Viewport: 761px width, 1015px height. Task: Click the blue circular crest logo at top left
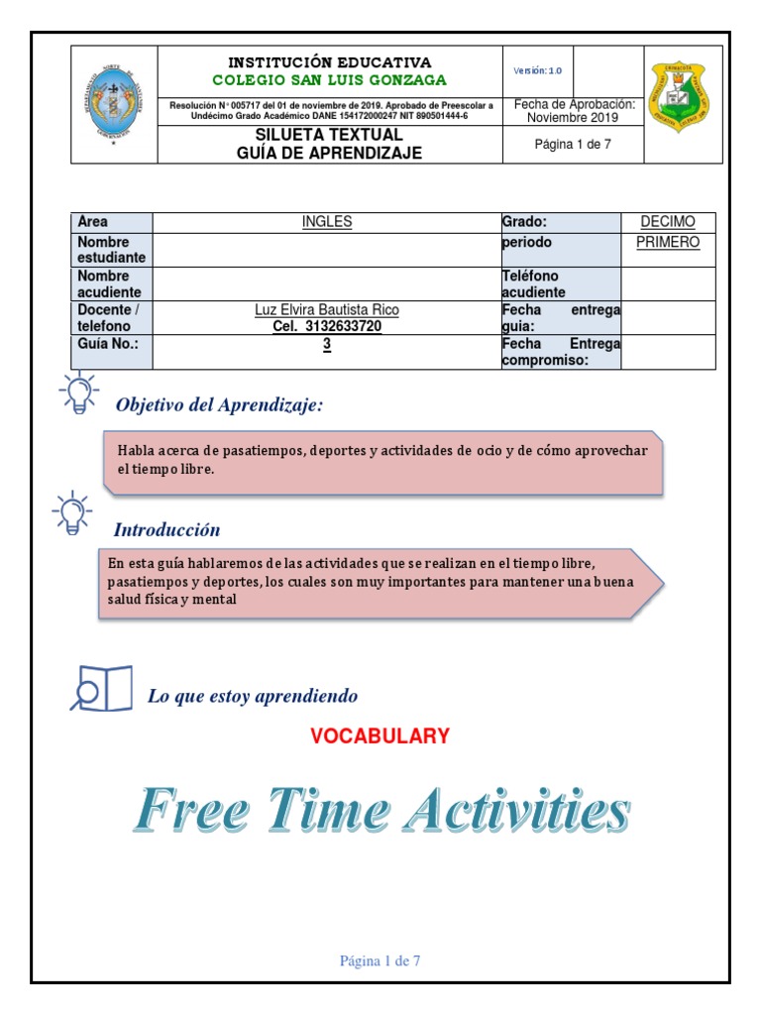(114, 103)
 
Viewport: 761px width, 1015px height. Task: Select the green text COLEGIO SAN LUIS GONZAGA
(330, 80)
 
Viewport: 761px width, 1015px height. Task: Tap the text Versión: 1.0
(537, 71)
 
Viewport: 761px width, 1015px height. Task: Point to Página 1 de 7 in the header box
(573, 144)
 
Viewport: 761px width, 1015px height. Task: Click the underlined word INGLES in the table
(327, 222)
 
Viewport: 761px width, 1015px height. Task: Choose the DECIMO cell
(668, 222)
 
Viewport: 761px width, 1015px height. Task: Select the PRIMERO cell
(668, 242)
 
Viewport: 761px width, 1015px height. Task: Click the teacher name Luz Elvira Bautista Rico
(327, 310)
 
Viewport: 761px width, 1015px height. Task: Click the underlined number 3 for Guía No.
(327, 344)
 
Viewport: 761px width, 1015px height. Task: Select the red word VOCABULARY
(380, 735)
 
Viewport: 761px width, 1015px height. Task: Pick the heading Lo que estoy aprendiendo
(253, 696)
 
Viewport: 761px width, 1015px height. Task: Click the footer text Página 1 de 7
(380, 960)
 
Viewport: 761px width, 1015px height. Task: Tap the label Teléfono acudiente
(533, 283)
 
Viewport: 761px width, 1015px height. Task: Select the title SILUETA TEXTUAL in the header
(329, 135)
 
